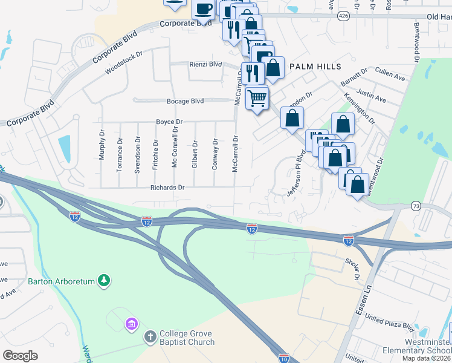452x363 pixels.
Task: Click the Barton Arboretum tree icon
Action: click(105, 281)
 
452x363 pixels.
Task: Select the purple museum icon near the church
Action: click(131, 325)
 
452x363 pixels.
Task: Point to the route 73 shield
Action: click(415, 206)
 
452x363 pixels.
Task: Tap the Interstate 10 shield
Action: click(283, 358)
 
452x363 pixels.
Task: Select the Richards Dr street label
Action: click(167, 188)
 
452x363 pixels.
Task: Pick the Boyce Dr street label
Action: click(169, 122)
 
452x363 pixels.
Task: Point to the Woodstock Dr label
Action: click(123, 62)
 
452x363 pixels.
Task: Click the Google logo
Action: click(21, 356)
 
